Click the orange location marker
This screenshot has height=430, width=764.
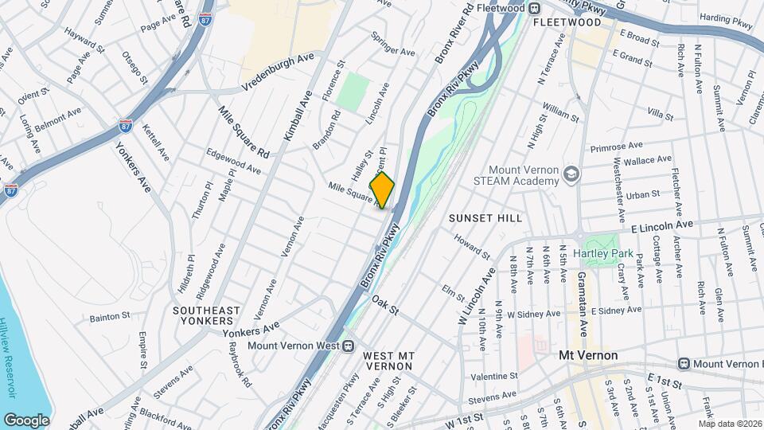point(382,190)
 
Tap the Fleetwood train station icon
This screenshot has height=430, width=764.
point(535,8)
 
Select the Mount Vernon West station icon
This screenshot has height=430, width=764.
point(348,346)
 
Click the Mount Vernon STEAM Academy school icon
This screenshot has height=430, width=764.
point(571,173)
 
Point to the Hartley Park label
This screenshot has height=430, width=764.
point(607,253)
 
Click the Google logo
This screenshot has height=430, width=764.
point(26,420)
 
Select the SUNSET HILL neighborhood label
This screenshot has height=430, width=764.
point(485,217)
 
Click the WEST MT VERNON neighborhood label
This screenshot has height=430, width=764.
point(388,361)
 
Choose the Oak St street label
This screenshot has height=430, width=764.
point(384,305)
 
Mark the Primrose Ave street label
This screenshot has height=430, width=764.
point(616,147)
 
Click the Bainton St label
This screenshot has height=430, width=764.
point(109,316)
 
